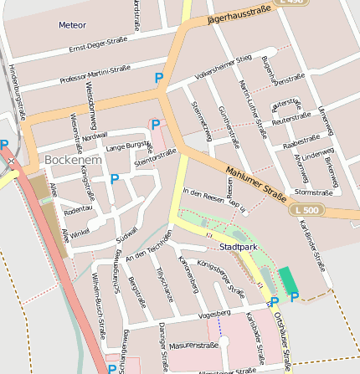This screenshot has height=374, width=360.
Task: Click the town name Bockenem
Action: pos(72,159)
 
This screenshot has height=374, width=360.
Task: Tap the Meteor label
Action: pos(72,25)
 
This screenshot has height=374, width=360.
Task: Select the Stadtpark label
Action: pos(236,248)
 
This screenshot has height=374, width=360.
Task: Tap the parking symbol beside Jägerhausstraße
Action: pos(159,78)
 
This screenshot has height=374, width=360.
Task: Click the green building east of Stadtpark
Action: pos(287,279)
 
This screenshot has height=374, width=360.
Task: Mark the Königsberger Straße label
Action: pos(221,279)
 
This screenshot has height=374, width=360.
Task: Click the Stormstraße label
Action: pos(314,192)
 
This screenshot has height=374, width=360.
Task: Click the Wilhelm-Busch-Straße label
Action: pos(99,299)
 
